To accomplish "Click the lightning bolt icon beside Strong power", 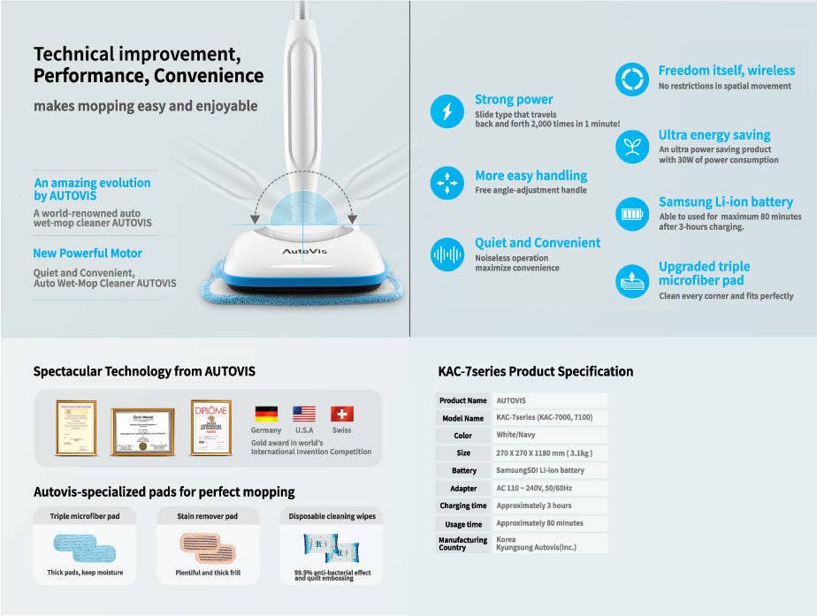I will (447, 112).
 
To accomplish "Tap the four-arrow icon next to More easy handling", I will (447, 183).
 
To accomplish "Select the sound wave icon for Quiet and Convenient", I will (447, 255).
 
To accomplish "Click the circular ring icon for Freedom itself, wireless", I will (631, 80).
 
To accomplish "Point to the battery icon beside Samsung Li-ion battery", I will (631, 214).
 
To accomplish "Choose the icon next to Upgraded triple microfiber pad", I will (631, 281).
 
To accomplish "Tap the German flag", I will (265, 414).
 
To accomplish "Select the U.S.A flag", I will (304, 414).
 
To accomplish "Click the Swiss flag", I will (342, 414).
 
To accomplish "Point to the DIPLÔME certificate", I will (210, 428).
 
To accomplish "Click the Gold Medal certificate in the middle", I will (142, 431).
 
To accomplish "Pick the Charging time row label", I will (463, 506).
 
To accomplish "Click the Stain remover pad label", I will (208, 515).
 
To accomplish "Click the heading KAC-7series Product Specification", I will (536, 371).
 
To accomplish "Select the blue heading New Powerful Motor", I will (88, 254).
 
